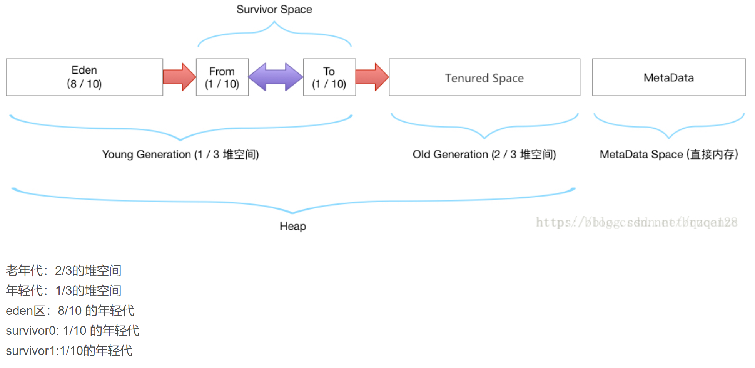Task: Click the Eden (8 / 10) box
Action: pyautogui.click(x=84, y=77)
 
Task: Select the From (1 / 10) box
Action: pyautogui.click(x=222, y=77)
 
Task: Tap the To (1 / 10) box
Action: pyautogui.click(x=329, y=77)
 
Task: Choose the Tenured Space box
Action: pyautogui.click(x=484, y=77)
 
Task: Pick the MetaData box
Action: pyautogui.click(x=669, y=77)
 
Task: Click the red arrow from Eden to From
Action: pyautogui.click(x=179, y=77)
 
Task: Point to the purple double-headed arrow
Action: pyautogui.click(x=276, y=77)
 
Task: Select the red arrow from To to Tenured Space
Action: pyautogui.click(x=372, y=77)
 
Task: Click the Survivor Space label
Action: pyautogui.click(x=274, y=9)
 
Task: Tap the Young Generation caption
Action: pyautogui.click(x=180, y=155)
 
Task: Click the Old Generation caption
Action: pyautogui.click(x=484, y=155)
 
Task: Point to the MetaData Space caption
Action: pyautogui.click(x=669, y=155)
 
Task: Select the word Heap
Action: pyautogui.click(x=293, y=226)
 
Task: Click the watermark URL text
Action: pyautogui.click(x=636, y=222)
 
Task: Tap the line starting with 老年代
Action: pyautogui.click(x=63, y=271)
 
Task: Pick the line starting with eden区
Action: pyautogui.click(x=70, y=311)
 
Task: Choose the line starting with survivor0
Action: pyautogui.click(x=72, y=331)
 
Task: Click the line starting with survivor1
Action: pyautogui.click(x=69, y=351)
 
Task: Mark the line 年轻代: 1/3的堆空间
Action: pyautogui.click(x=63, y=291)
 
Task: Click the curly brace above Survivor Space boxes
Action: pyautogui.click(x=274, y=34)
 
